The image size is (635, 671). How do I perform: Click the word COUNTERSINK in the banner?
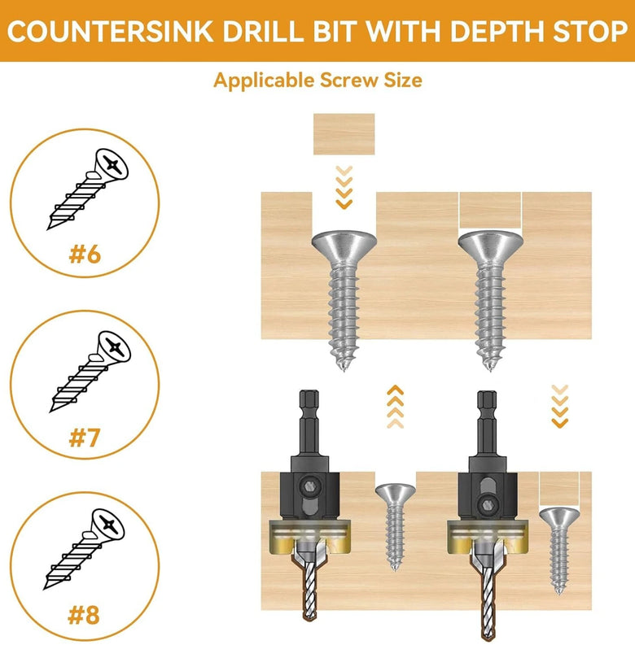(111, 31)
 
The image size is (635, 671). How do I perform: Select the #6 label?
(85, 255)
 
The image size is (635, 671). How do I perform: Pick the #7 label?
(85, 438)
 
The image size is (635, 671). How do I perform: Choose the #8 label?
(84, 615)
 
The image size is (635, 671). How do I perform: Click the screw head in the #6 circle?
(112, 163)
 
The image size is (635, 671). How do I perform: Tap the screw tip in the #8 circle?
(46, 587)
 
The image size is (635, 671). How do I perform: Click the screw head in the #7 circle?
(114, 346)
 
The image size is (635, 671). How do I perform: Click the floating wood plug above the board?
(344, 134)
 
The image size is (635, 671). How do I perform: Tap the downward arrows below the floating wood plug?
(344, 187)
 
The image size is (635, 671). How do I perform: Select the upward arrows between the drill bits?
(395, 407)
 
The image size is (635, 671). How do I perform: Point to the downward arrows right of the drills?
(559, 406)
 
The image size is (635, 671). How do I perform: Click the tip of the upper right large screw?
(490, 367)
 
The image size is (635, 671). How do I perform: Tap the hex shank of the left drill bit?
(309, 423)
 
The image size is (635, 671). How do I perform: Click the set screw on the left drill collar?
(309, 486)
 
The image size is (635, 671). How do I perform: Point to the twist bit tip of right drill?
(486, 636)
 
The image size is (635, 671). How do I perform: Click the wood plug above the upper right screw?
(490, 211)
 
